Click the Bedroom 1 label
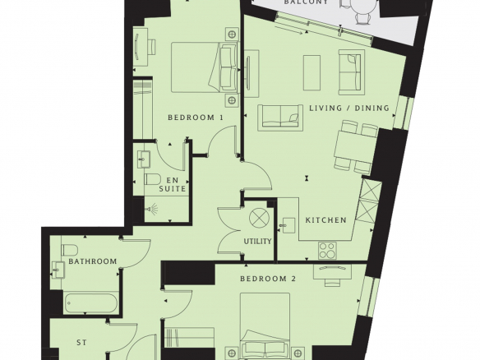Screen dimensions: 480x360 pyautogui.click(x=196, y=118)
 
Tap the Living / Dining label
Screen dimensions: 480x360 pyautogui.click(x=349, y=108)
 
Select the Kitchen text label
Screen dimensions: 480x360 pyautogui.click(x=326, y=220)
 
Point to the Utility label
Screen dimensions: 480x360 pyautogui.click(x=257, y=241)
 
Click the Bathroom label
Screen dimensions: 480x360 pyautogui.click(x=92, y=261)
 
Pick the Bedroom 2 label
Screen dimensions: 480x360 pyautogui.click(x=268, y=279)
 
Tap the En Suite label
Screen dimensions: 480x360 pyautogui.click(x=173, y=185)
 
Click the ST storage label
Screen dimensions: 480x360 pyautogui.click(x=81, y=342)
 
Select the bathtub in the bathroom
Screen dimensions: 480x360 pyautogui.click(x=90, y=303)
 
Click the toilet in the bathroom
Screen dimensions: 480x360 pyautogui.click(x=69, y=250)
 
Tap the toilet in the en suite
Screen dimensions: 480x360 pyautogui.click(x=152, y=179)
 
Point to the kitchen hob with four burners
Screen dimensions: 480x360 pyautogui.click(x=327, y=251)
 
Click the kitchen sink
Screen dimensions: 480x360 pyautogui.click(x=288, y=225)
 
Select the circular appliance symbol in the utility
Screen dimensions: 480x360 pyautogui.click(x=259, y=218)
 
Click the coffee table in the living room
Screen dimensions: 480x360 pyautogui.click(x=312, y=73)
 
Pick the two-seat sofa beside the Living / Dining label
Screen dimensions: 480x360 pyautogui.click(x=280, y=118)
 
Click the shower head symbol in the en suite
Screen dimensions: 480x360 pyautogui.click(x=151, y=210)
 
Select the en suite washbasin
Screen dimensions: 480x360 pyautogui.click(x=144, y=159)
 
